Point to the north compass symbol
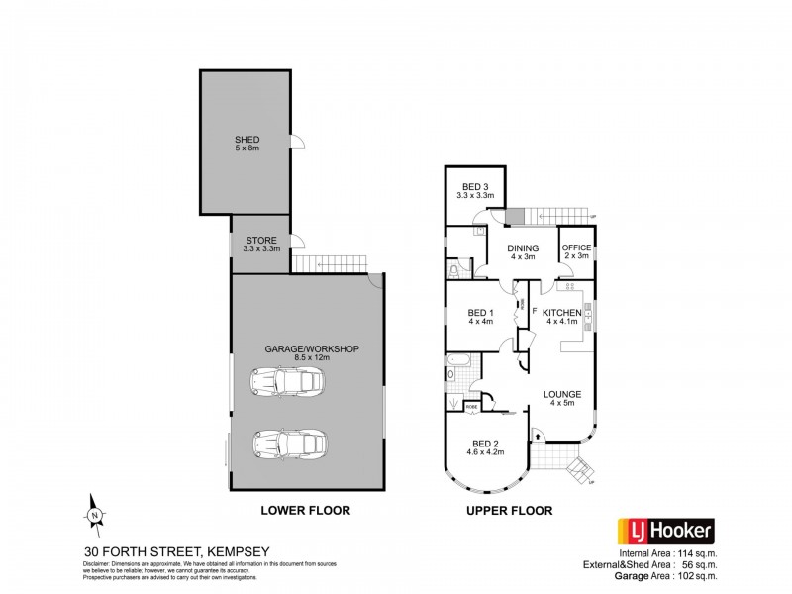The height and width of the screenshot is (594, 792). [93, 512]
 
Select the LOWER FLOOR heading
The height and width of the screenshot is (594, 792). [305, 511]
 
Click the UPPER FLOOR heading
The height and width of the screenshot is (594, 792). [509, 511]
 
